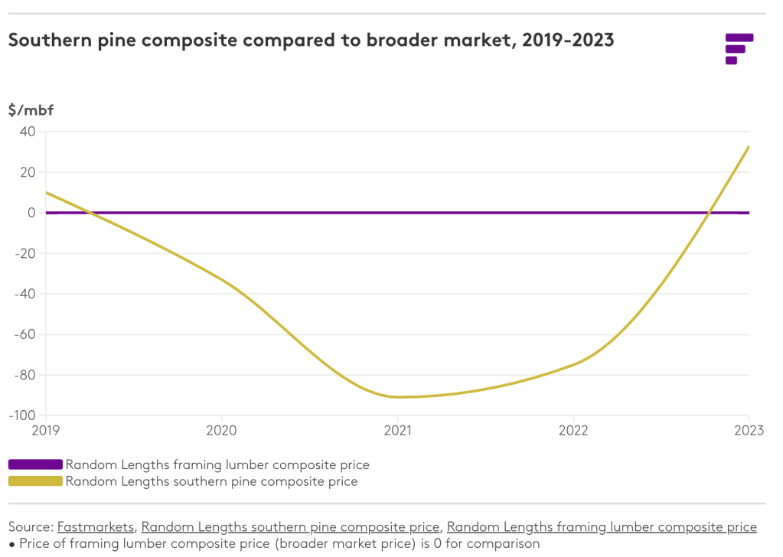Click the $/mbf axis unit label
(x=31, y=110)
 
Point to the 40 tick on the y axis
(x=28, y=132)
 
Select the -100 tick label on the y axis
(x=22, y=415)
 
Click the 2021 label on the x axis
(x=397, y=431)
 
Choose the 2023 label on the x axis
(x=748, y=431)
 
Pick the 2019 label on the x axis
(x=46, y=431)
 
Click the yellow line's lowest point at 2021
(x=397, y=397)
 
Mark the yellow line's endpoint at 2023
(x=749, y=146)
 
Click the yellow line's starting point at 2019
(x=47, y=193)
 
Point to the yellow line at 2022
(x=573, y=364)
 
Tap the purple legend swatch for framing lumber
(x=35, y=464)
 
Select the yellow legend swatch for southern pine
(x=35, y=481)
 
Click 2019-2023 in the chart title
(x=567, y=41)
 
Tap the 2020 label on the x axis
(x=221, y=431)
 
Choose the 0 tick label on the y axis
(x=31, y=213)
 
